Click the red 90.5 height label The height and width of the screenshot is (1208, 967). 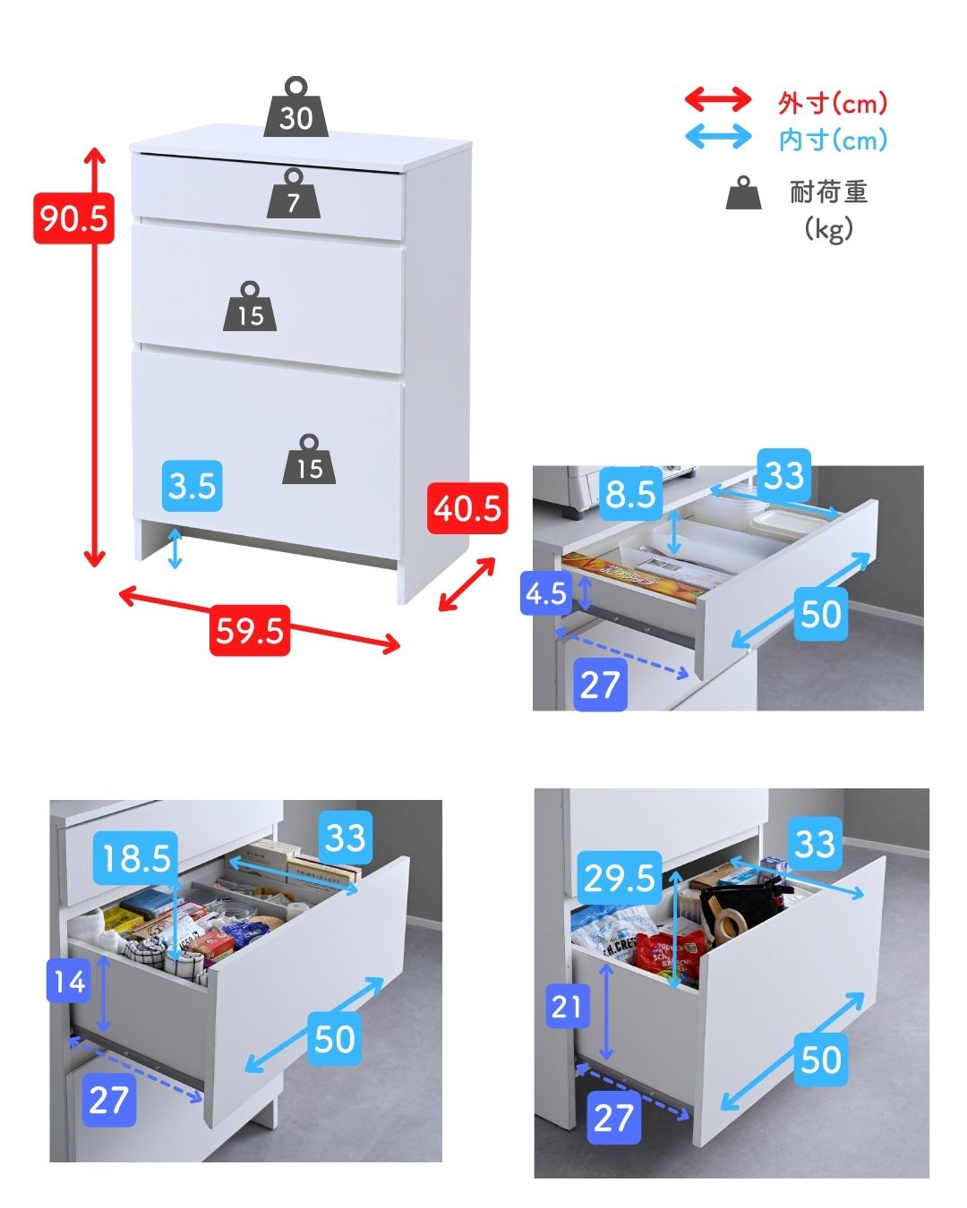73,217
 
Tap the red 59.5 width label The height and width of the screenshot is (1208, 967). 250,630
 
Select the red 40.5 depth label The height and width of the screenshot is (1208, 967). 466,508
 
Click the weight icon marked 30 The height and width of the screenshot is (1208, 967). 296,107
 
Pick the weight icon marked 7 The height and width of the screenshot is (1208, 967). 294,193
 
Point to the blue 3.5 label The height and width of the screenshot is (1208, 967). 193,486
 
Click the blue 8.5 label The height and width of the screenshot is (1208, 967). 630,494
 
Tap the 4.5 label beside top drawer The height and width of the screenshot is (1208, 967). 546,593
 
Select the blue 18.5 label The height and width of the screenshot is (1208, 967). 136,857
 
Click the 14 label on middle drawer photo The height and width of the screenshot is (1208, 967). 70,981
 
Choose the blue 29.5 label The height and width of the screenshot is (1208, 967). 620,878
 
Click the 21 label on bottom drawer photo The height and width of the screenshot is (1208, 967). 568,1006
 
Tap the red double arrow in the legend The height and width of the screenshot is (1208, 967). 718,100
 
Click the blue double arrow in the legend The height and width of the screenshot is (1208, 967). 718,136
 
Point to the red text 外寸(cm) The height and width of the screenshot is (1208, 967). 832,103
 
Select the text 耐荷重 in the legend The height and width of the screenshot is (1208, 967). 829,192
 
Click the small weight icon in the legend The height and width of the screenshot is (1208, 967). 743,192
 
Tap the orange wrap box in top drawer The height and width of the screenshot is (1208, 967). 634,577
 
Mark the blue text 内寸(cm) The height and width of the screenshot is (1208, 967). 833,140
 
